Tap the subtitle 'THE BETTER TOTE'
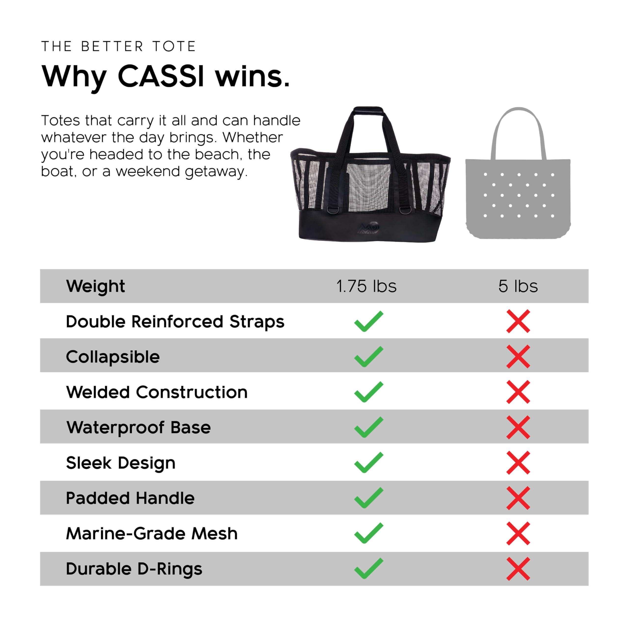119,46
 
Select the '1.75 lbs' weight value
366,286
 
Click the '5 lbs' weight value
518,286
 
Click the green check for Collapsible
369,357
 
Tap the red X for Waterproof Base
518,427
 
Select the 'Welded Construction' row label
157,392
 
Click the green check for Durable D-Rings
369,569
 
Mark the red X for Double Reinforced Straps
518,321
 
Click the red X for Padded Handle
518,498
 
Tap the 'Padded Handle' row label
130,498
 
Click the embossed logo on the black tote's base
368,228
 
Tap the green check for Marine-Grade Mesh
369,533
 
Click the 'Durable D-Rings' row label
134,569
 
